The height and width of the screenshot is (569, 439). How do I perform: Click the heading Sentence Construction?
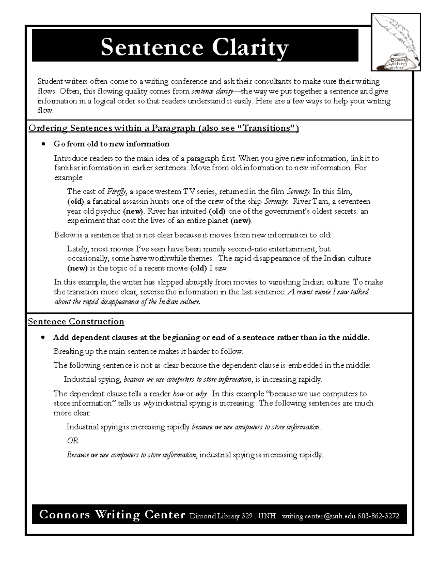coord(76,321)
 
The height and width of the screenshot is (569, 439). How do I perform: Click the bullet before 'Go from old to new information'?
coord(44,144)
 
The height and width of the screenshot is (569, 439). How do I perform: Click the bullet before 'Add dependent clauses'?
coord(44,337)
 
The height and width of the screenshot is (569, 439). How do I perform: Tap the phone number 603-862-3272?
coord(378,516)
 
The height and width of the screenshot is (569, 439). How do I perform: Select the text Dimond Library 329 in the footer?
coord(221,516)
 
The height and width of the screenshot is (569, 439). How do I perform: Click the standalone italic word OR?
coord(72,441)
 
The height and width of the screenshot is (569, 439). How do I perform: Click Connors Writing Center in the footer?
coord(112,515)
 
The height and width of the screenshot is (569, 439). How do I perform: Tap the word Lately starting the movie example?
coord(78,249)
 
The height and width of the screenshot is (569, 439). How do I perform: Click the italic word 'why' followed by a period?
coord(202,394)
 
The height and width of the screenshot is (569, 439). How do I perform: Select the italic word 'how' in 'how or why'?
coord(178,394)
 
